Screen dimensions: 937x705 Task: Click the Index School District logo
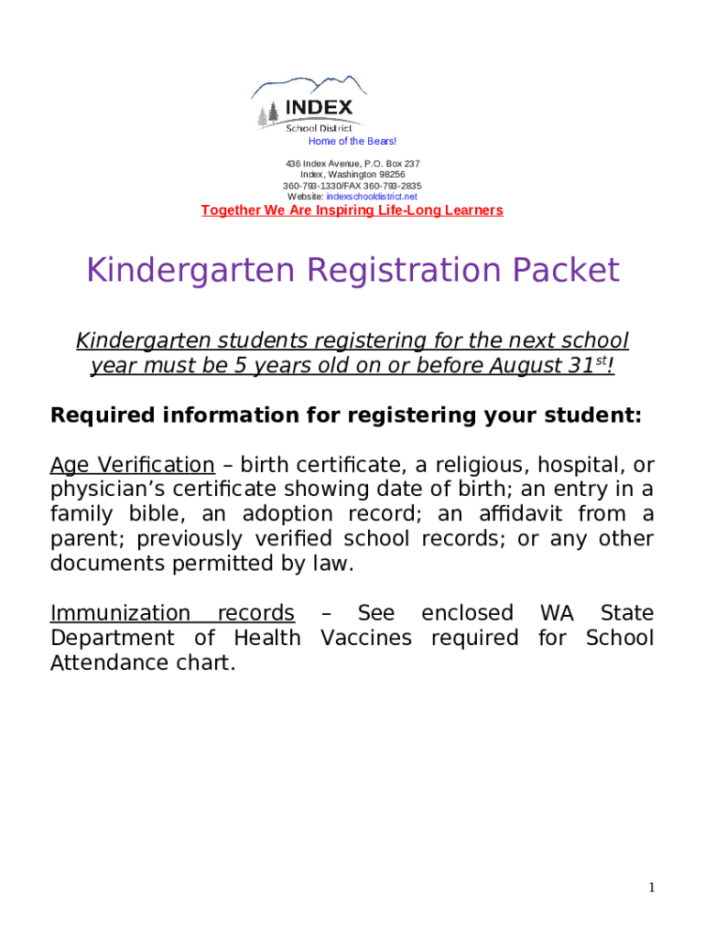pyautogui.click(x=309, y=104)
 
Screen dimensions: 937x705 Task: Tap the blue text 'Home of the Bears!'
pyautogui.click(x=352, y=141)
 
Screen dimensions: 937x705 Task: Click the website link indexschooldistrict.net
pyautogui.click(x=372, y=197)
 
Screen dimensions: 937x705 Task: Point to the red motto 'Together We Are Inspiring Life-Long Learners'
pyautogui.click(x=352, y=211)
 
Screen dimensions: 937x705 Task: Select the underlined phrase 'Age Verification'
pyautogui.click(x=132, y=465)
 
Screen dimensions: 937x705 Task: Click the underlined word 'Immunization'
pyautogui.click(x=120, y=613)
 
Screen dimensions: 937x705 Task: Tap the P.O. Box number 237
pyautogui.click(x=411, y=164)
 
